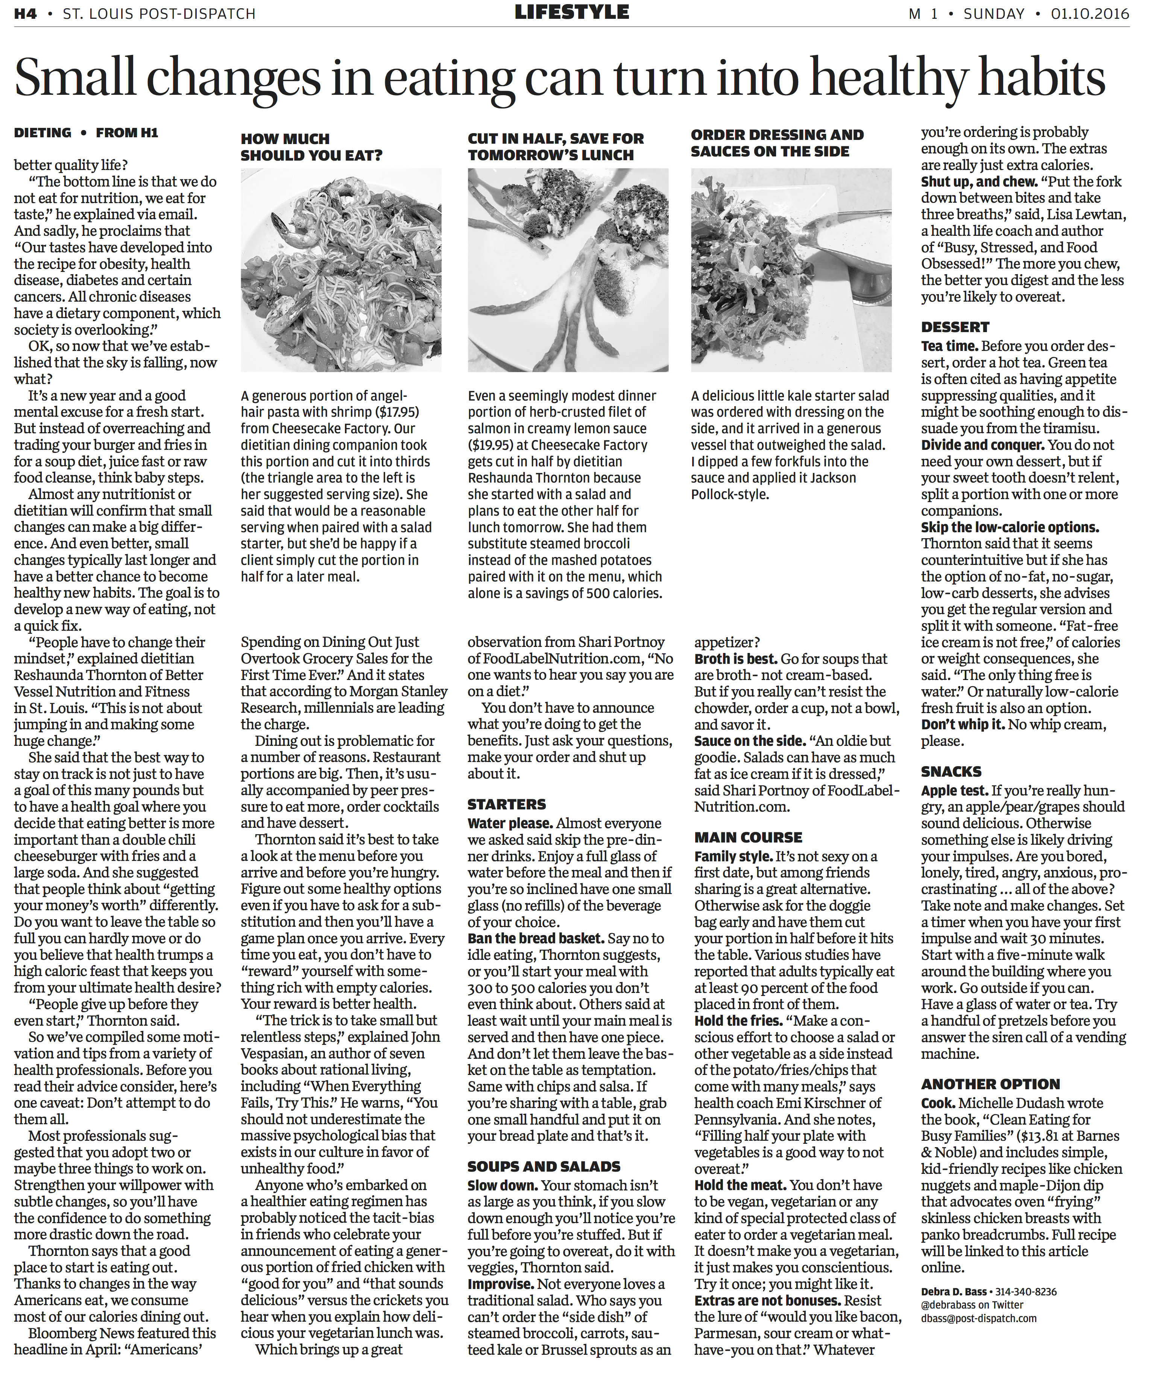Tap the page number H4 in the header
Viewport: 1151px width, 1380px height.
(26, 13)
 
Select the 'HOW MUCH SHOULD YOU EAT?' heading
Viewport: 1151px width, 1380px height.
(311, 147)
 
